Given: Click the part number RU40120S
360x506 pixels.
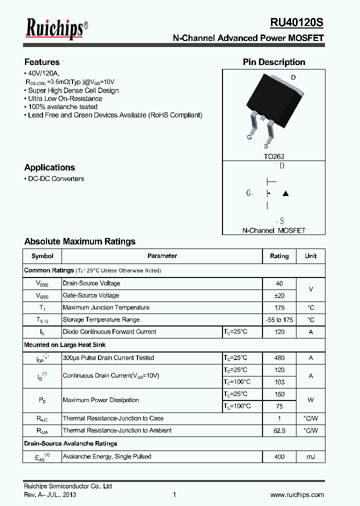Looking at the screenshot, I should click(x=296, y=23).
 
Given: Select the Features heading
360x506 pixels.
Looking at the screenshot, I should click(x=42, y=62).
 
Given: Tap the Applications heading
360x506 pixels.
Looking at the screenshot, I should click(x=49, y=167).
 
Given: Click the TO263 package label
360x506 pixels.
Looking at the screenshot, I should click(x=274, y=156).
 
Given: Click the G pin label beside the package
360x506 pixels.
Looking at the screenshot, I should click(x=249, y=137).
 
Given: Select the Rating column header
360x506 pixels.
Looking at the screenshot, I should click(x=279, y=256).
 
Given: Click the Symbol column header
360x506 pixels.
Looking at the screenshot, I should click(x=42, y=256).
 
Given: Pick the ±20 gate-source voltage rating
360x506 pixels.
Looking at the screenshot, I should click(x=279, y=295).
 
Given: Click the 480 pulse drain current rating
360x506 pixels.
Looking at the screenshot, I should click(x=279, y=357).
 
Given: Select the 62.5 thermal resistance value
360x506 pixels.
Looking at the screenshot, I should click(x=279, y=430).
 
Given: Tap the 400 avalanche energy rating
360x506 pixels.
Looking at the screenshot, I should click(x=279, y=456).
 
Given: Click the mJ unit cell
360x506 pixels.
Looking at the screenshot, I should click(x=310, y=456).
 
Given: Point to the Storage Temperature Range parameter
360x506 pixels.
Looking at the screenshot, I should click(x=101, y=319).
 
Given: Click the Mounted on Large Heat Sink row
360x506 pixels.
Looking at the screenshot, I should click(x=65, y=344).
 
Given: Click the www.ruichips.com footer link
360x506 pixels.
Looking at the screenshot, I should click(x=296, y=494).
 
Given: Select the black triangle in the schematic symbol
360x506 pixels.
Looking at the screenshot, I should click(x=285, y=193).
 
